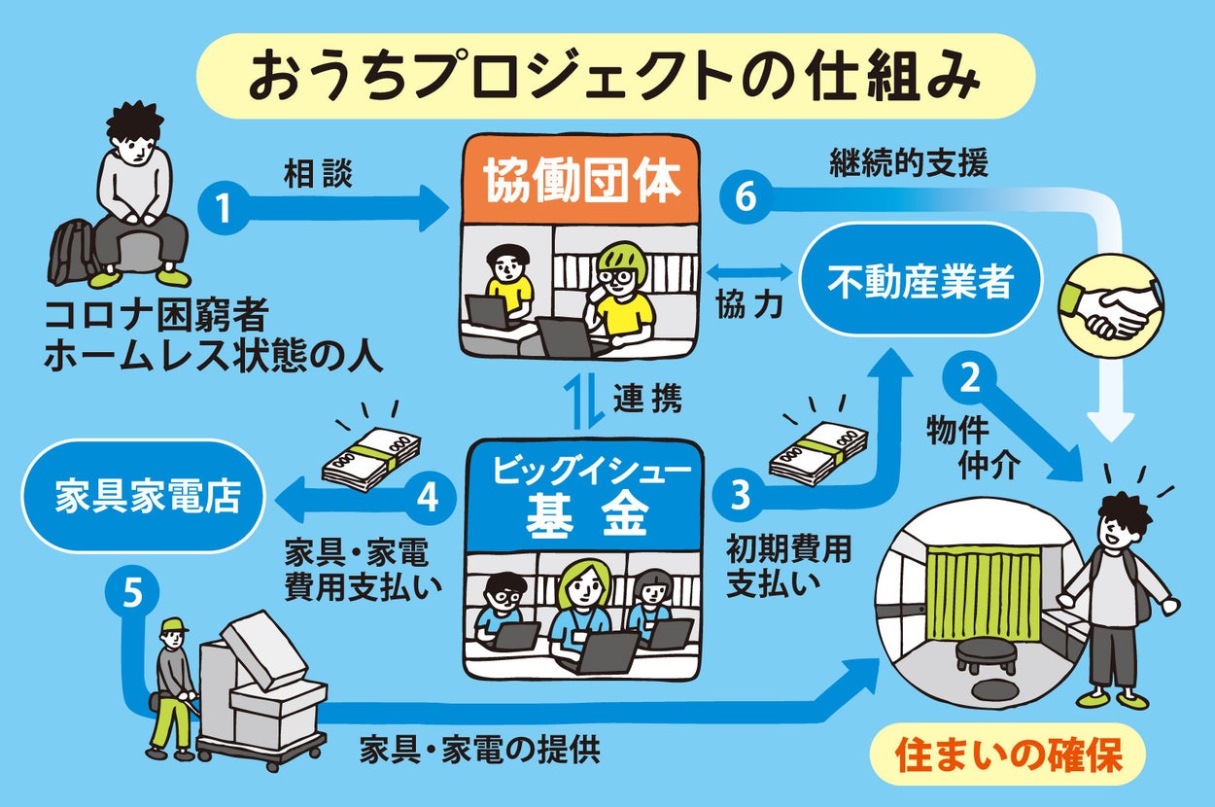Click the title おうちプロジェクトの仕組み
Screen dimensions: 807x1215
click(612, 77)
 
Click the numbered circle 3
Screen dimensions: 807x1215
click(740, 496)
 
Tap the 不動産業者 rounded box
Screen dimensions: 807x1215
click(920, 283)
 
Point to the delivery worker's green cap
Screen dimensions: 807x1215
click(174, 624)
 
